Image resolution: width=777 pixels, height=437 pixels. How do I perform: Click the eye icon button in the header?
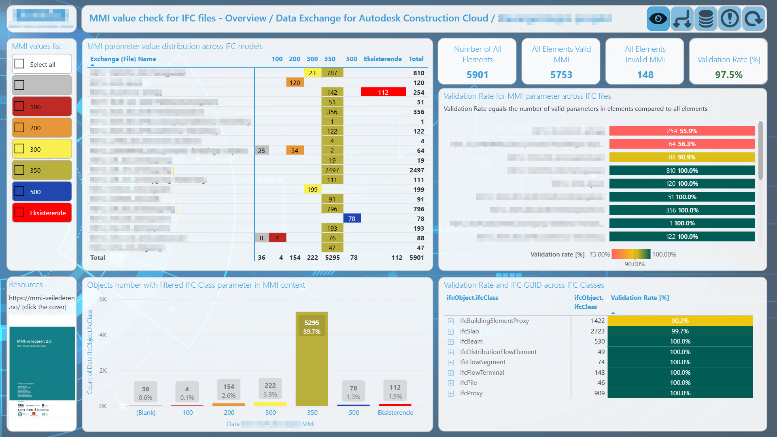coord(658,19)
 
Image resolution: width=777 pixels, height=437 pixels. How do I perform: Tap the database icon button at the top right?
coord(706,19)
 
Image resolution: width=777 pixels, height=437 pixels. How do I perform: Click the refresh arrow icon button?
coord(754,19)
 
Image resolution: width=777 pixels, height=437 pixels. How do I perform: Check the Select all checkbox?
coord(19,64)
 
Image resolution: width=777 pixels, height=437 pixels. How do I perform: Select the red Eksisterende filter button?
coord(42,213)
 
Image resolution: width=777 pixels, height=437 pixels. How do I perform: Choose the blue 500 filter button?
coord(42,192)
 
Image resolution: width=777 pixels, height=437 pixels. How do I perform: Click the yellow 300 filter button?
coord(42,149)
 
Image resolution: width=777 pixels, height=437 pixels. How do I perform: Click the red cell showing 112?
coord(383,92)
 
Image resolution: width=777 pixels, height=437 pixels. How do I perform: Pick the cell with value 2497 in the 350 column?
coord(332,170)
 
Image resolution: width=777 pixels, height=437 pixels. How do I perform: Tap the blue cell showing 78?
coord(352,218)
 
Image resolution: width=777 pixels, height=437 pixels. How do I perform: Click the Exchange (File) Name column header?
coord(123,59)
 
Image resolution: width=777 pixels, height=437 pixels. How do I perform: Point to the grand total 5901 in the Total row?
coord(416,257)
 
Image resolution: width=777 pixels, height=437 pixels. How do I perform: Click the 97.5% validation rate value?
coord(728,75)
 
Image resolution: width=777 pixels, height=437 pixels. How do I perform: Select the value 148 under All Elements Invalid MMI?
coord(645,75)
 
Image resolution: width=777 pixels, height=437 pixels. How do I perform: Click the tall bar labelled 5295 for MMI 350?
coord(312,360)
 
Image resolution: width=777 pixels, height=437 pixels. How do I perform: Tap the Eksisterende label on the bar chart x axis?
coord(395,412)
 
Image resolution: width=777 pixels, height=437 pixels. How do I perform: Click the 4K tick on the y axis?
coord(103,335)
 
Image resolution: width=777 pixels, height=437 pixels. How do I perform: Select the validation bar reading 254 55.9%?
coord(682,131)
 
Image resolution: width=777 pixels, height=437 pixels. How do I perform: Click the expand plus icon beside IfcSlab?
coord(451,331)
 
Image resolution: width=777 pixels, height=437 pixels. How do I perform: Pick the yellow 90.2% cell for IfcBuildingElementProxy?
coord(680,321)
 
